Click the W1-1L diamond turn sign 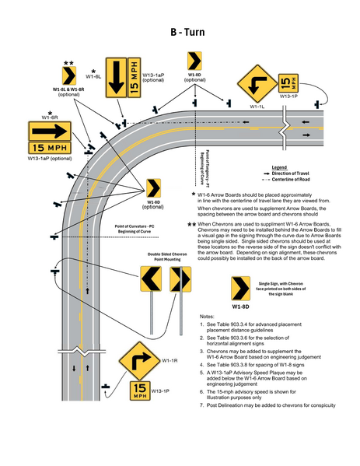click(253, 83)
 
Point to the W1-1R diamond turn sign click(140, 362)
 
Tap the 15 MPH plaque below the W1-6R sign click(49, 148)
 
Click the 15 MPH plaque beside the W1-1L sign click(288, 82)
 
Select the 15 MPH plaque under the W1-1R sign click(140, 389)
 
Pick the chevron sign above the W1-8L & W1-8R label click(68, 76)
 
